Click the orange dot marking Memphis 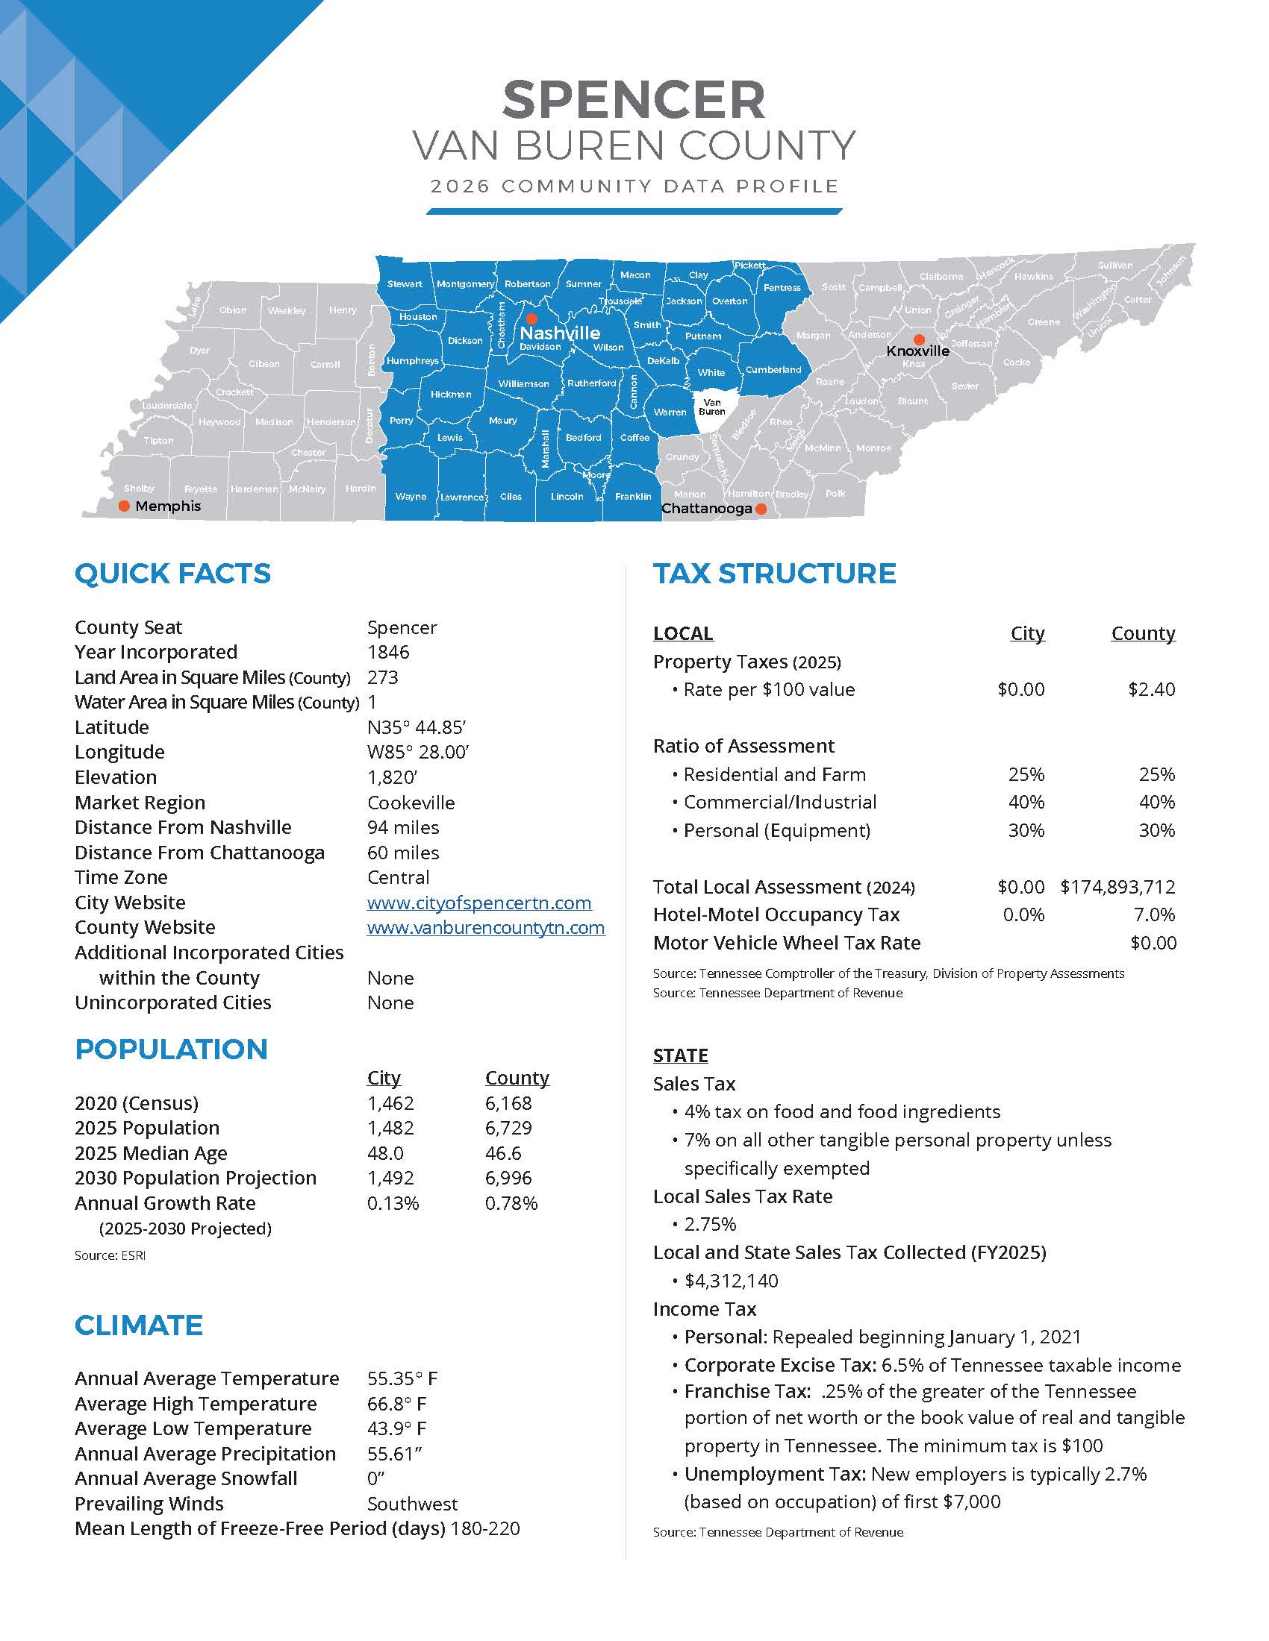pos(125,506)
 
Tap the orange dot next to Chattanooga pos(761,509)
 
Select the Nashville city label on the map pos(560,333)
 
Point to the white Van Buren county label pos(712,407)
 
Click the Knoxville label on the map pos(917,351)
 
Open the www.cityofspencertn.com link pos(479,903)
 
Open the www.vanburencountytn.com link pos(486,927)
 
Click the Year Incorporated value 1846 pos(388,652)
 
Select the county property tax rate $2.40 pos(1151,690)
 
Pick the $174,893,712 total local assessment pos(1117,887)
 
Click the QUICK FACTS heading pos(172,574)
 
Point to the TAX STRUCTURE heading pos(774,574)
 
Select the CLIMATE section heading pos(138,1325)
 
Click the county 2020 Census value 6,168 pos(508,1103)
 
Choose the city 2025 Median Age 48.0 pos(385,1153)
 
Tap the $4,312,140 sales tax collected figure pos(731,1281)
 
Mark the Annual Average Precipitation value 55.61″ pos(394,1454)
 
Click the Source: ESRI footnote pos(110,1255)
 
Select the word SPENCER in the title pos(634,100)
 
